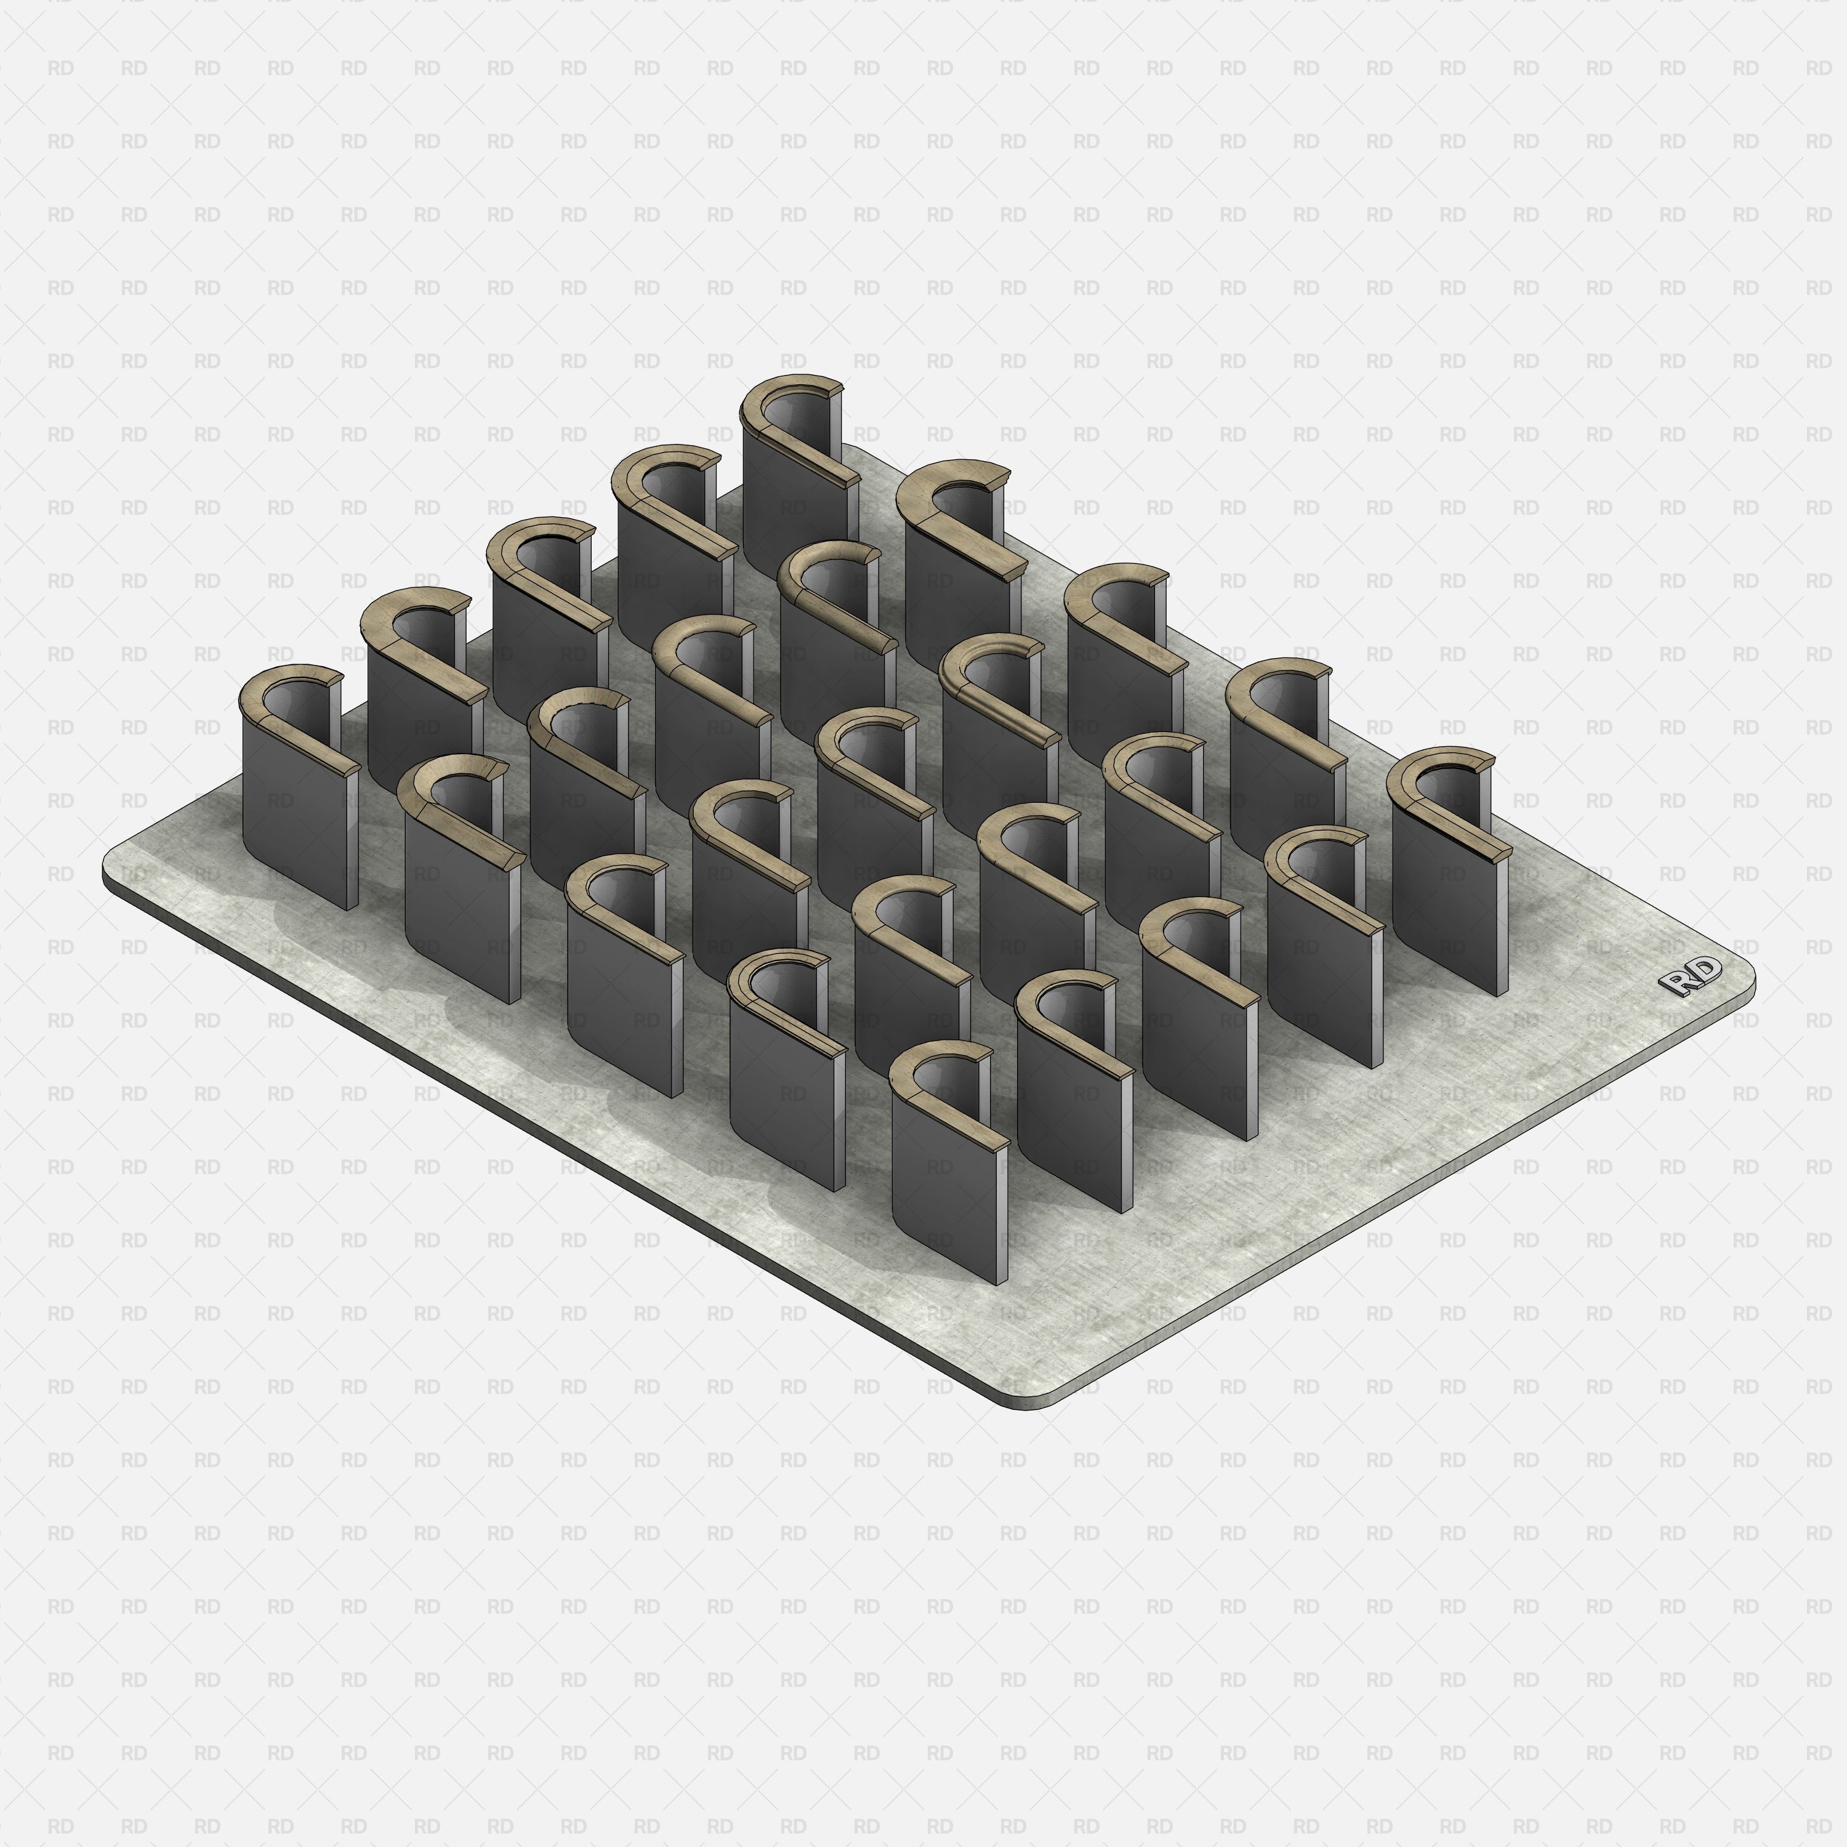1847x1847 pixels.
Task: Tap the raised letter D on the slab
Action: pos(1705,970)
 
